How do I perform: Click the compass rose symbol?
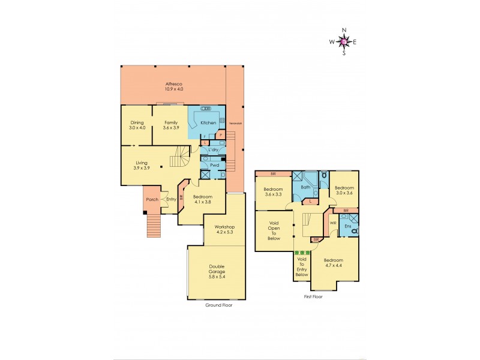pyautogui.click(x=344, y=41)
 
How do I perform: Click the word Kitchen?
pyautogui.click(x=208, y=122)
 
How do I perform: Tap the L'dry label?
pyautogui.click(x=213, y=149)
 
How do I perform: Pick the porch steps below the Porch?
pyautogui.click(x=154, y=226)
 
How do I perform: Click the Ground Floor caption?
pyautogui.click(x=218, y=305)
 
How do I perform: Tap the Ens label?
pyautogui.click(x=346, y=227)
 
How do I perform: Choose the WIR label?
pyautogui.click(x=332, y=224)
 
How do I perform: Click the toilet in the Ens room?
pyautogui.click(x=354, y=231)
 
